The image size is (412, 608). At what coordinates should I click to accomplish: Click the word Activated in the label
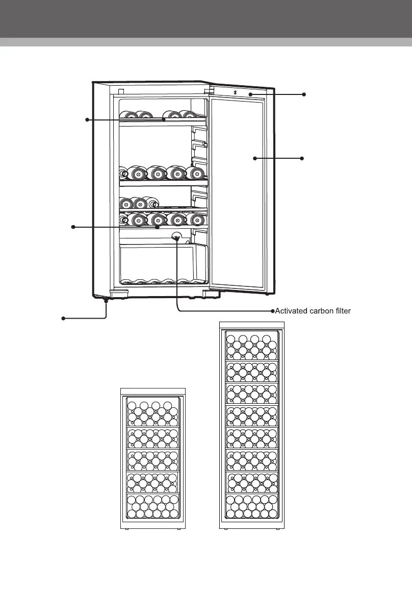tap(291, 310)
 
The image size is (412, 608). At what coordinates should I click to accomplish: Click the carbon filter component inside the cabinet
tap(176, 236)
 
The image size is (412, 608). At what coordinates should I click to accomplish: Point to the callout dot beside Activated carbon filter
tap(272, 310)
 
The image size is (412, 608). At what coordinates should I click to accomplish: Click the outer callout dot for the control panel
tap(304, 94)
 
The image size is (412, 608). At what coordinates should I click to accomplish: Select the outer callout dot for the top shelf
tap(87, 119)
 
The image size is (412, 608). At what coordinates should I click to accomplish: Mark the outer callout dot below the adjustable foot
tap(63, 319)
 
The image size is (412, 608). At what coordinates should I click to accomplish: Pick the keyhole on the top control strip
tap(236, 92)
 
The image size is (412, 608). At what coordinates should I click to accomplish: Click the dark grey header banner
tap(206, 19)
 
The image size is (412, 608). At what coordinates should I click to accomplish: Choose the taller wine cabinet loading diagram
tap(252, 426)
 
